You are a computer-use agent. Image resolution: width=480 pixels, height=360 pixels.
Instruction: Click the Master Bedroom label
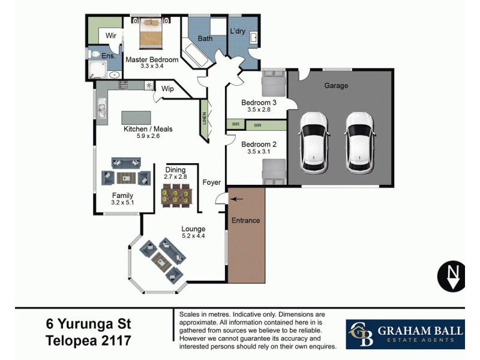click(151, 59)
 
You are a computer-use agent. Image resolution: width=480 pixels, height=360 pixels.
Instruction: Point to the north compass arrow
click(454, 275)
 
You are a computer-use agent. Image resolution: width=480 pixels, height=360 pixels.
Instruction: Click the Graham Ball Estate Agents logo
click(405, 334)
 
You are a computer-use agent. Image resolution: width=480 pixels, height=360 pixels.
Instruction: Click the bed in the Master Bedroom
click(151, 34)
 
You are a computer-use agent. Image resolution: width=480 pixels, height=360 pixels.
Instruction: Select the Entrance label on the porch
click(246, 220)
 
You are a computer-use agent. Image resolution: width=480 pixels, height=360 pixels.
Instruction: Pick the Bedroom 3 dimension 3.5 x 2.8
click(259, 110)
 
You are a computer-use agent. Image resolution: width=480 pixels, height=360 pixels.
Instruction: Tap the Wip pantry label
click(167, 89)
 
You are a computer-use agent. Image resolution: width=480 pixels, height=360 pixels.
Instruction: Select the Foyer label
click(211, 182)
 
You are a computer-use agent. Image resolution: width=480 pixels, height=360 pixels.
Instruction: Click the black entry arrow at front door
click(238, 199)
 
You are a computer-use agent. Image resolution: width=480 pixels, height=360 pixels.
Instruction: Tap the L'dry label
click(237, 31)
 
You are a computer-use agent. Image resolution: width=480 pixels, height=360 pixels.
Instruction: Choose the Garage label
click(336, 86)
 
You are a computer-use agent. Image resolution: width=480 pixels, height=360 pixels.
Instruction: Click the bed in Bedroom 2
click(272, 173)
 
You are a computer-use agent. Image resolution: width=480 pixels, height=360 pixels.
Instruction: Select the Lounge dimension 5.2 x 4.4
click(193, 236)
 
